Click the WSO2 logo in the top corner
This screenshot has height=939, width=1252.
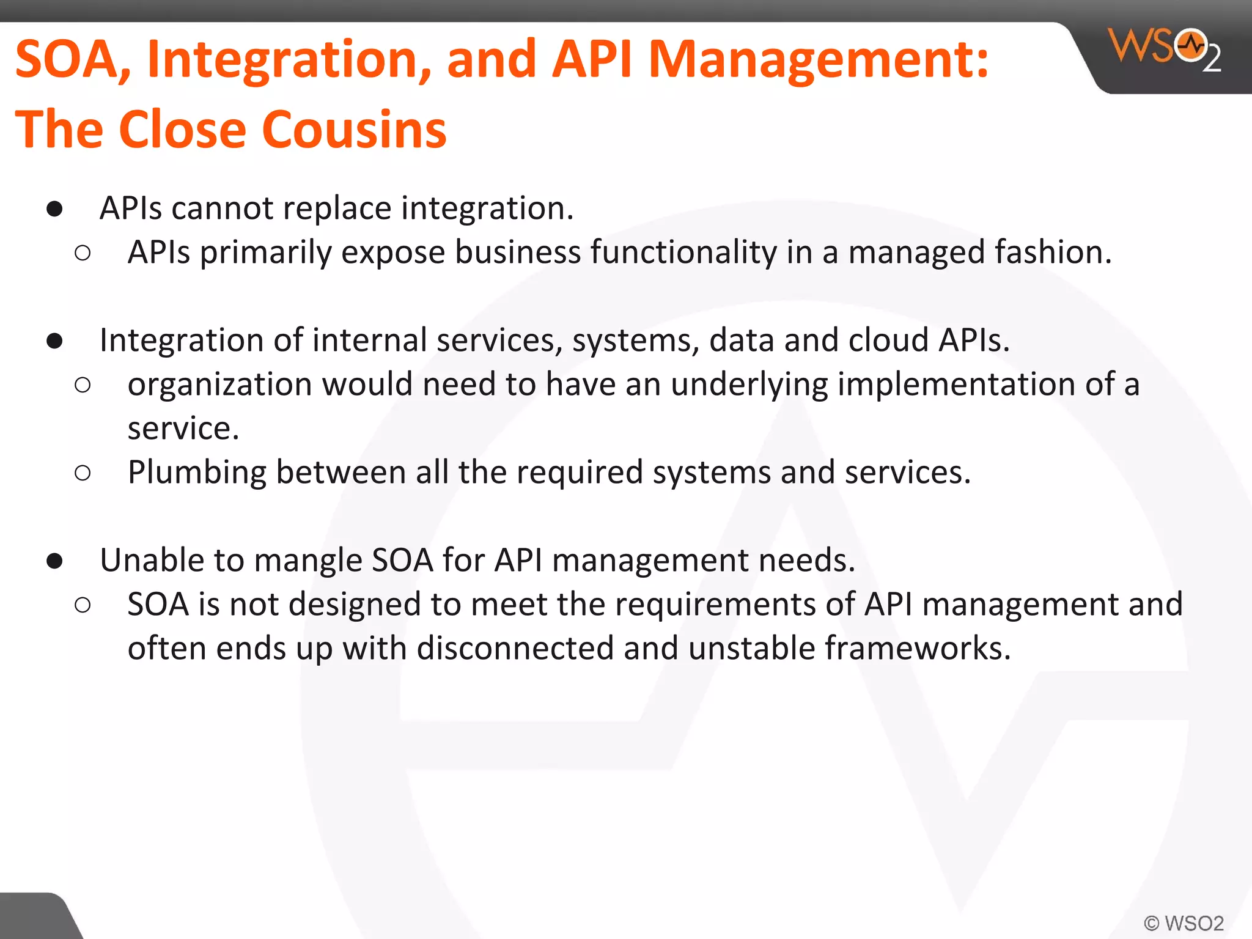point(1164,50)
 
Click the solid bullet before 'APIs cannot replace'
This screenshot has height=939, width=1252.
point(54,209)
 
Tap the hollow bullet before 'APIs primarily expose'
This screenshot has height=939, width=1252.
point(83,253)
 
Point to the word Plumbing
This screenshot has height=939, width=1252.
point(197,473)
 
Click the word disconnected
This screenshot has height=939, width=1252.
point(515,648)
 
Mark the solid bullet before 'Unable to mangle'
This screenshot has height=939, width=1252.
point(54,561)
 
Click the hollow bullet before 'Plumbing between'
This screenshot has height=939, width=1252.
point(83,473)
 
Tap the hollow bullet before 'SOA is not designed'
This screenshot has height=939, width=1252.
point(83,605)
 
